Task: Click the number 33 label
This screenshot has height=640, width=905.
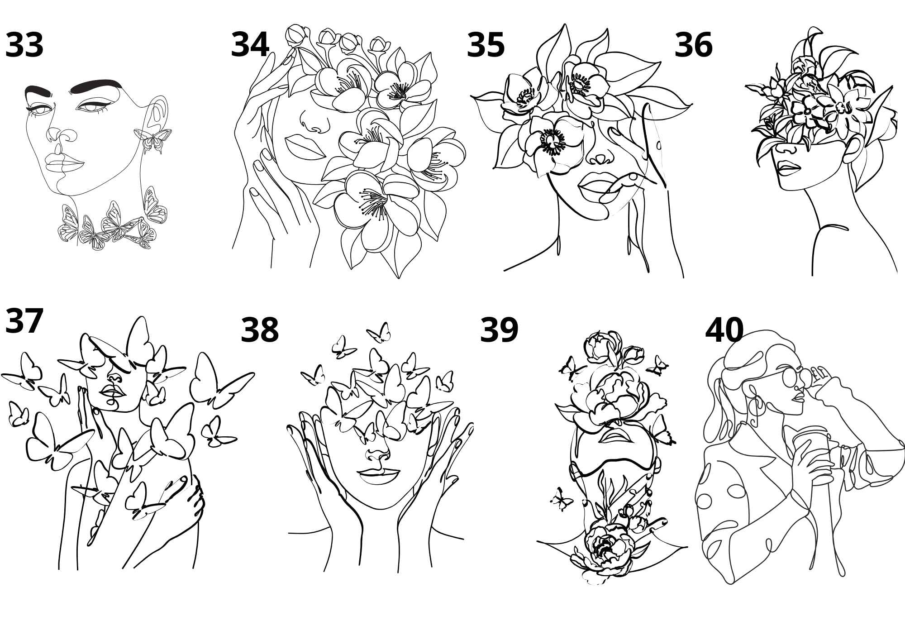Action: pyautogui.click(x=24, y=45)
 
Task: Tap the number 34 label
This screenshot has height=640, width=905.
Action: pyautogui.click(x=250, y=45)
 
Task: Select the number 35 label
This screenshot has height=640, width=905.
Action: pyautogui.click(x=486, y=45)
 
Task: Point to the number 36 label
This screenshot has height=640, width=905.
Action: pyautogui.click(x=693, y=45)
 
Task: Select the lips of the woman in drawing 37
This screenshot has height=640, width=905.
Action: pyautogui.click(x=110, y=390)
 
